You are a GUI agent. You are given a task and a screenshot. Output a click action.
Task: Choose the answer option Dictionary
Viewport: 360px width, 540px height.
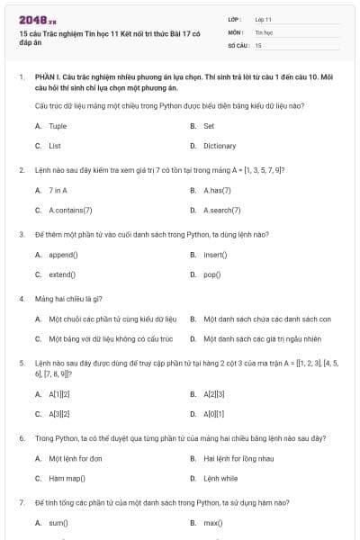click(220, 145)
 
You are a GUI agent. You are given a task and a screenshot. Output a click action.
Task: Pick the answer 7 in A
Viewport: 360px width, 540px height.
click(58, 191)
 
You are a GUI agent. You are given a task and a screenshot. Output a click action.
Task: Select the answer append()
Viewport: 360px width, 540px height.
click(62, 255)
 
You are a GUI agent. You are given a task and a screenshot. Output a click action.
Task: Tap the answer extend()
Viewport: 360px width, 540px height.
click(62, 274)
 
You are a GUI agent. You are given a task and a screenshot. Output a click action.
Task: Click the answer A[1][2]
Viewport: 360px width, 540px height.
click(59, 394)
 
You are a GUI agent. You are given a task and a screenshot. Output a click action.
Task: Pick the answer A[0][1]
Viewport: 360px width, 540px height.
click(214, 413)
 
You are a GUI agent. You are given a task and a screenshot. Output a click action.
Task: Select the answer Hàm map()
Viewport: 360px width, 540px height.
click(66, 478)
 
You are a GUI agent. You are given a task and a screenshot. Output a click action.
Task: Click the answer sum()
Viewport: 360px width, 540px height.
click(58, 522)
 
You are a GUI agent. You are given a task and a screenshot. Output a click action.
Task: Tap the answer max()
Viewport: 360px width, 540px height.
click(213, 522)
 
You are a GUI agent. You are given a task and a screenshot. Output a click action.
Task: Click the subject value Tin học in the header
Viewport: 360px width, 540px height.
click(264, 31)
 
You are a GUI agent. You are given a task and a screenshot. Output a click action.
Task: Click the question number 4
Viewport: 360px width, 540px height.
click(22, 298)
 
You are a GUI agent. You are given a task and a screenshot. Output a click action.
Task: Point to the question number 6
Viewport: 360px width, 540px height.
click(22, 437)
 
